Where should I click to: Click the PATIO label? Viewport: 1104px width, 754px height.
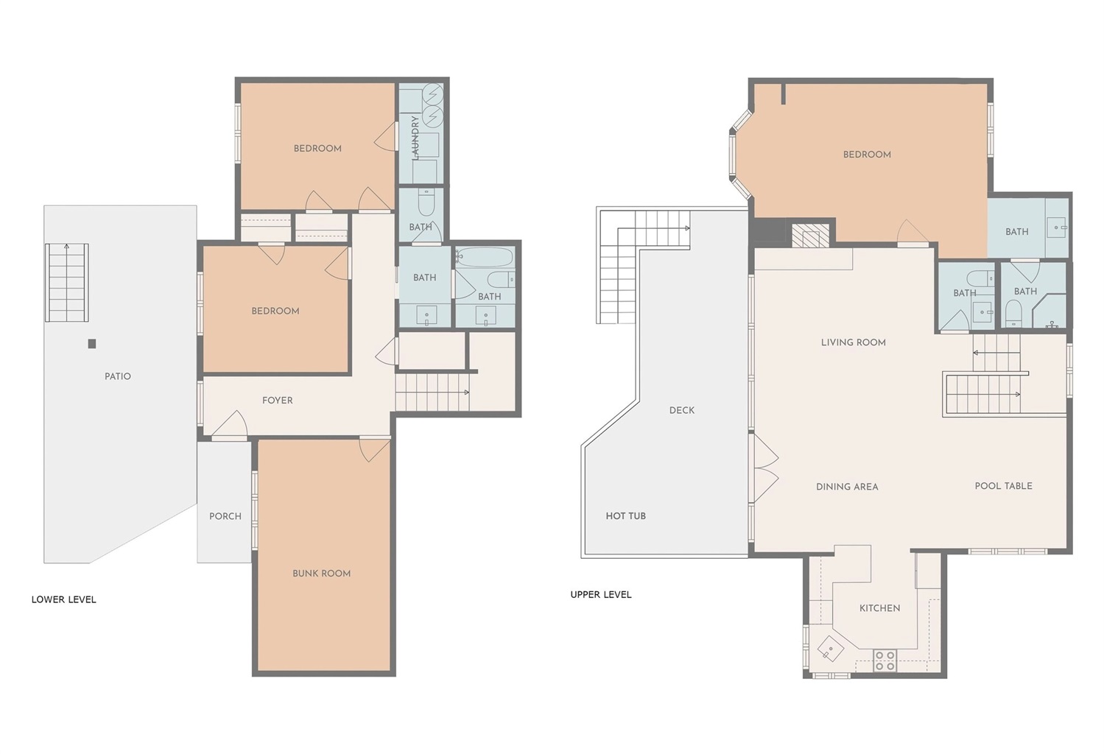click(x=118, y=376)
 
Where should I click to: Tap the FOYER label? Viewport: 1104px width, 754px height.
click(x=278, y=401)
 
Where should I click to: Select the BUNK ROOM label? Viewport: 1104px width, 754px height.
click(x=322, y=574)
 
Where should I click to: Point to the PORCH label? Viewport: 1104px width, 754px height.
click(x=225, y=516)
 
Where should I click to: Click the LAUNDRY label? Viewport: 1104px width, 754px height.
click(x=415, y=138)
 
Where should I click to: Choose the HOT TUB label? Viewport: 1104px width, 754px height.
click(x=626, y=516)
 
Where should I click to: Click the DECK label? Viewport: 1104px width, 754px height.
click(x=682, y=411)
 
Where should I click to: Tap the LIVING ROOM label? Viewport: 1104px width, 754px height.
click(x=854, y=342)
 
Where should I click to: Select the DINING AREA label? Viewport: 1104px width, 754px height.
click(x=847, y=487)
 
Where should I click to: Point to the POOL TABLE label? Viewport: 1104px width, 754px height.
click(x=1003, y=486)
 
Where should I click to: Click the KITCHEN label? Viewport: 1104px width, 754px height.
click(x=880, y=608)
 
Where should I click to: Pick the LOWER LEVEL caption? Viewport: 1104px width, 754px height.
click(x=64, y=600)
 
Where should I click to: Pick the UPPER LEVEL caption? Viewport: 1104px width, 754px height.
click(x=601, y=595)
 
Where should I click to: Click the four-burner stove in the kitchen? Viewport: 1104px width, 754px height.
click(x=885, y=661)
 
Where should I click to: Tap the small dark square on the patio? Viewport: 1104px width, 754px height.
click(x=91, y=344)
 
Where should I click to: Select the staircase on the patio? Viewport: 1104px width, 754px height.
click(x=67, y=282)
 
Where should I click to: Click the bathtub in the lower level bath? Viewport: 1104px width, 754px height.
click(x=485, y=257)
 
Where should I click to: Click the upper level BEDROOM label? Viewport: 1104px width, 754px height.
click(x=867, y=155)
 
